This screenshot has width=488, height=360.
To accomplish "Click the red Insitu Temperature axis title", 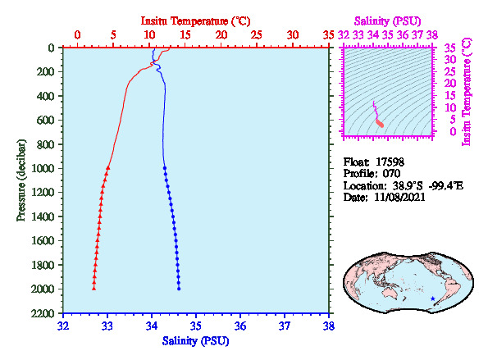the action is (195, 21).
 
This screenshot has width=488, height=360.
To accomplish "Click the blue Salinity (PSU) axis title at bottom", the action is (195, 341).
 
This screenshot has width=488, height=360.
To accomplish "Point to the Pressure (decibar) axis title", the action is (21, 180).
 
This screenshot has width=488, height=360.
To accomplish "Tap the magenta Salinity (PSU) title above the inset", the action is (387, 21).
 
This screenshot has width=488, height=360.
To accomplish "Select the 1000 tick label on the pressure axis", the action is (43, 168).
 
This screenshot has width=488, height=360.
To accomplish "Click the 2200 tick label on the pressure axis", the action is (43, 313).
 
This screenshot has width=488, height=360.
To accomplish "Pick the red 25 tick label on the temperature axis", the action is (257, 34).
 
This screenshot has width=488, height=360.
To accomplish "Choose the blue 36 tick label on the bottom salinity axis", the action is (240, 326).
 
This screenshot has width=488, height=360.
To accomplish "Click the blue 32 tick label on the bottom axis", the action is (63, 326).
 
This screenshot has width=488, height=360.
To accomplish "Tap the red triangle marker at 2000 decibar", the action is (93, 289).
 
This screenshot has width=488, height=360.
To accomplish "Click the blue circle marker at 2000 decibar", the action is (179, 289).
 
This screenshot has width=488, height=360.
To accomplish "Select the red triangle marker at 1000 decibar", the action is (108, 168).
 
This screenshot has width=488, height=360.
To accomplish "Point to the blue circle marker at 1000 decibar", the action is (165, 168).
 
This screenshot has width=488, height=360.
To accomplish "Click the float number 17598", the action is (390, 162).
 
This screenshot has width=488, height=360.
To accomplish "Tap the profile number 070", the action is (391, 174).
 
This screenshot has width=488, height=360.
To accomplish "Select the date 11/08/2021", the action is (399, 198).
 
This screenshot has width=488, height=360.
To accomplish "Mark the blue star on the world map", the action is (432, 298).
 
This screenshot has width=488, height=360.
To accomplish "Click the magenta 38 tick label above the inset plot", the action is (432, 34).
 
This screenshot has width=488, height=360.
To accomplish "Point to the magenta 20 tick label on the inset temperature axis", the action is (449, 84).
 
